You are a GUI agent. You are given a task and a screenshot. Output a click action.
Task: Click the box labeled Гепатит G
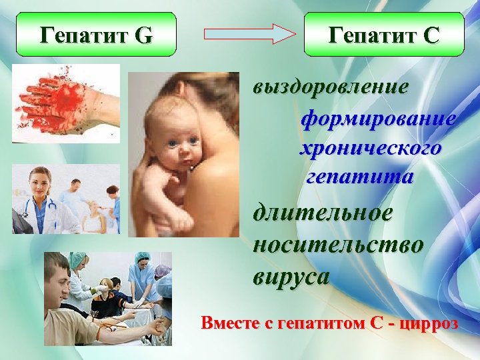97,34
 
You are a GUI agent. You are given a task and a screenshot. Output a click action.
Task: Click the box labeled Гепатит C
383,34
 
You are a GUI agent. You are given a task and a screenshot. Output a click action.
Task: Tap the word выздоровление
331,87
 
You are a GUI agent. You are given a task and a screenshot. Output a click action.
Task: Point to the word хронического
370,148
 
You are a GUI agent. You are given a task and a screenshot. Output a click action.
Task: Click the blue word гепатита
359,177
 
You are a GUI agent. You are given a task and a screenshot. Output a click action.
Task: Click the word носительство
337,245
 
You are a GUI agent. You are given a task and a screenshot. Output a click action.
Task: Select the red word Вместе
226,323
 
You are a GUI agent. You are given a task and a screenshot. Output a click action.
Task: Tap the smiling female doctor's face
38,181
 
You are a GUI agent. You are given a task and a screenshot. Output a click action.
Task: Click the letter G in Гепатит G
143,35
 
